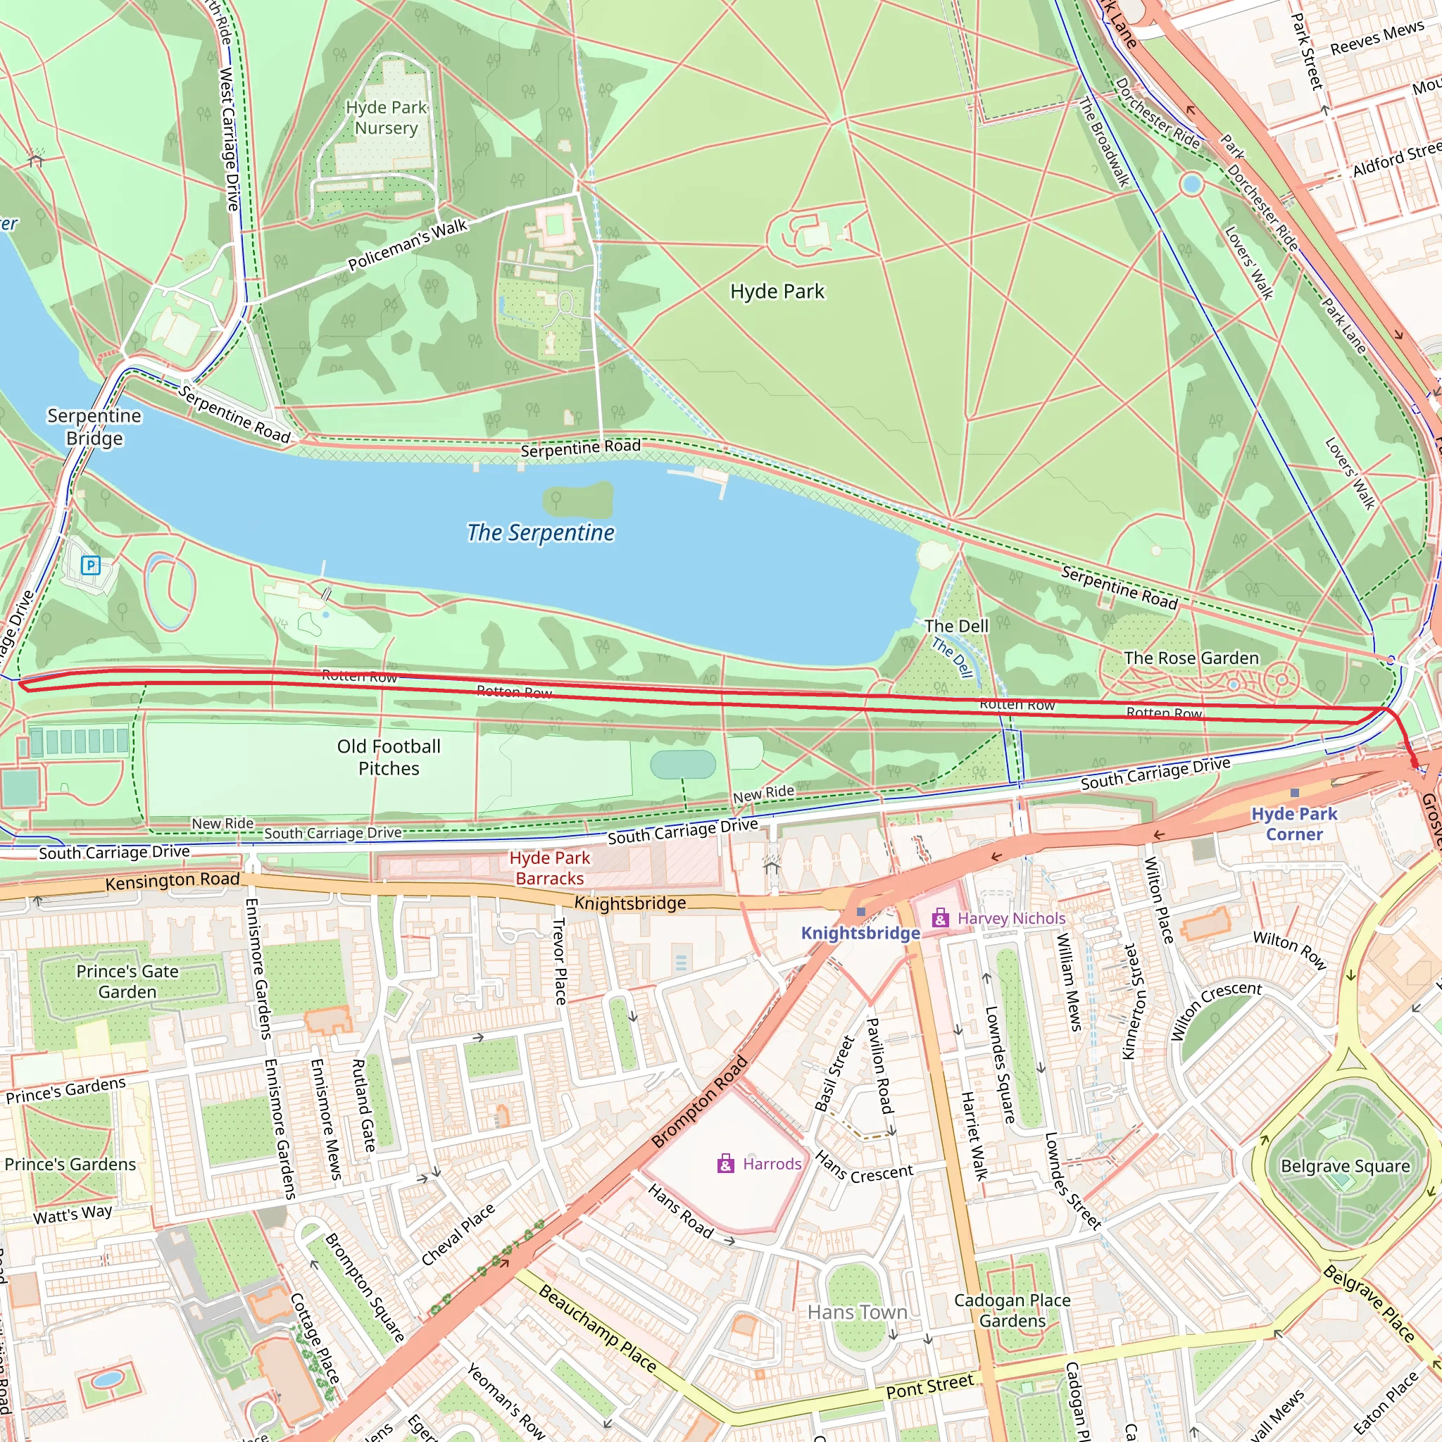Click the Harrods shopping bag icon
coord(725,1164)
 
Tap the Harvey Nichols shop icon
coord(941,918)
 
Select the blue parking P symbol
coord(90,565)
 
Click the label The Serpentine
coord(540,533)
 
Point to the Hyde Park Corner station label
coord(1294,823)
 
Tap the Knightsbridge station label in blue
coord(860,933)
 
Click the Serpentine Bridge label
coord(94,427)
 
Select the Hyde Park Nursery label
coord(386,118)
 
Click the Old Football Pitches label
coord(388,757)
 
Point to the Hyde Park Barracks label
coord(549,868)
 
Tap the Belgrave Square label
coord(1345,1166)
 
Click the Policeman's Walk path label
coord(408,245)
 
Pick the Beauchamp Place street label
coord(597,1329)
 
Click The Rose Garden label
coord(1191,658)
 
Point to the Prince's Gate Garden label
coord(127,982)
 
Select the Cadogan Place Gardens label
coord(1012,1310)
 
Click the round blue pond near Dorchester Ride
coord(1191,184)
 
